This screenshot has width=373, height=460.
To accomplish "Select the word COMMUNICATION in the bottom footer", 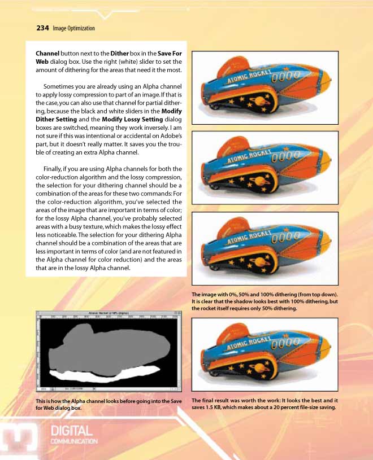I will pyautogui.click(x=74, y=441).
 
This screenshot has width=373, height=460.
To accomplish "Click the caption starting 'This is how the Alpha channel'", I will pyautogui.click(x=109, y=404).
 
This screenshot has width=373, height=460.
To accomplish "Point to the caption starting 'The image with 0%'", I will pyautogui.click(x=264, y=301).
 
